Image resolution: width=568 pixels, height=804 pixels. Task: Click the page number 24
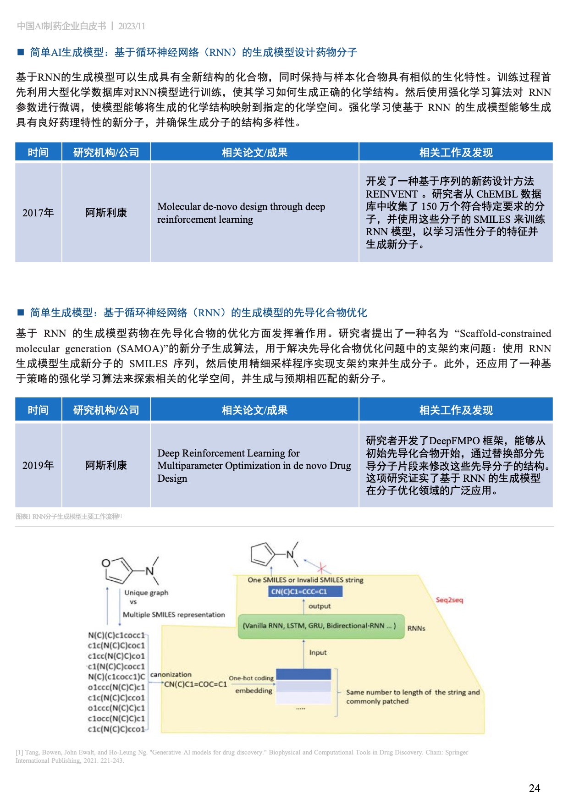tap(534, 788)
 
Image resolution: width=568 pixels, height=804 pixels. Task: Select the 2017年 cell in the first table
tap(38, 213)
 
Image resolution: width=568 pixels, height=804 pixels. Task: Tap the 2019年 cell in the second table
tap(38, 465)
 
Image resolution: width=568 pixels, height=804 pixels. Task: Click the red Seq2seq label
tap(449, 600)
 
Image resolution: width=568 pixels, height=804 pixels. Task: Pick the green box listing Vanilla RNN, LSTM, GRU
tap(320, 626)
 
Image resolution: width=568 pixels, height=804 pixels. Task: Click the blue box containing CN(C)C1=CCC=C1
tap(305, 592)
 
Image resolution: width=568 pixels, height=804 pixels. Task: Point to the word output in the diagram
tap(320, 606)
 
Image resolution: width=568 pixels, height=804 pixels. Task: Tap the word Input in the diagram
tap(318, 653)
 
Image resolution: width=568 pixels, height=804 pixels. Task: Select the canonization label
tap(171, 674)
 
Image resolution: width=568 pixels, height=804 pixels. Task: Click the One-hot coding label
tap(251, 678)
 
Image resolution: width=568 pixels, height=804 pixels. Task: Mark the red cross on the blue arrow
tap(322, 569)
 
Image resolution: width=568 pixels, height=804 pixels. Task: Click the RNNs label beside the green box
tap(416, 628)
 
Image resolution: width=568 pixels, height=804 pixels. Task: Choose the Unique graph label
tap(146, 593)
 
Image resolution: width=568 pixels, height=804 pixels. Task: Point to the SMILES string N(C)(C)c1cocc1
tap(116, 635)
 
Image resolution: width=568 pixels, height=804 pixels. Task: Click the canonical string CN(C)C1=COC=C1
tap(196, 684)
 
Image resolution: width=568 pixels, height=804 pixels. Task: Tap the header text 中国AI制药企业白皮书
tap(61, 26)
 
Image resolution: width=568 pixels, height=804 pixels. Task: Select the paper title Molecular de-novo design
tap(241, 213)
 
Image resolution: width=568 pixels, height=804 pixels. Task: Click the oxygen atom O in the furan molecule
tap(106, 563)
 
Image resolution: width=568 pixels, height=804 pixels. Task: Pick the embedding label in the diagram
tap(254, 691)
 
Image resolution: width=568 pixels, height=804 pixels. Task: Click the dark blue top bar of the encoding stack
tap(303, 674)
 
